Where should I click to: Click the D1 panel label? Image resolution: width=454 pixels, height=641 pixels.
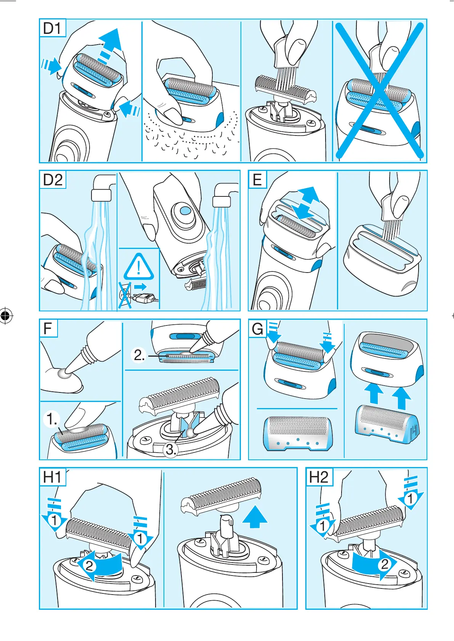coord(52,28)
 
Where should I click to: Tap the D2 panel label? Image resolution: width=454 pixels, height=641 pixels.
coord(53,180)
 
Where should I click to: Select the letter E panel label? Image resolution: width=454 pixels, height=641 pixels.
coord(257,180)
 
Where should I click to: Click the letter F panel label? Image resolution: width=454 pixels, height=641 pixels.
coord(48,328)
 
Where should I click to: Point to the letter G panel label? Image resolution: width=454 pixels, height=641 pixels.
coord(257,329)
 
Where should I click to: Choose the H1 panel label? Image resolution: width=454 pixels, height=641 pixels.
coord(52,477)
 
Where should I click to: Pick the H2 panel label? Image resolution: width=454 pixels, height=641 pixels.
coord(318,477)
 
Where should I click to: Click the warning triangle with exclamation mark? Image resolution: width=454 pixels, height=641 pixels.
coord(139,267)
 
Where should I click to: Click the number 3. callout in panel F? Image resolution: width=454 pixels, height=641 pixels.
coord(170,450)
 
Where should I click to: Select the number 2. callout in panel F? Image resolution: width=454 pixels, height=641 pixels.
coord(139,355)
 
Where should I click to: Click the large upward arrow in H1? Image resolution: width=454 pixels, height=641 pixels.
coord(255,517)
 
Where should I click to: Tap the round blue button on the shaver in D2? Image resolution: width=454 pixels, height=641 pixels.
coord(183,211)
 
